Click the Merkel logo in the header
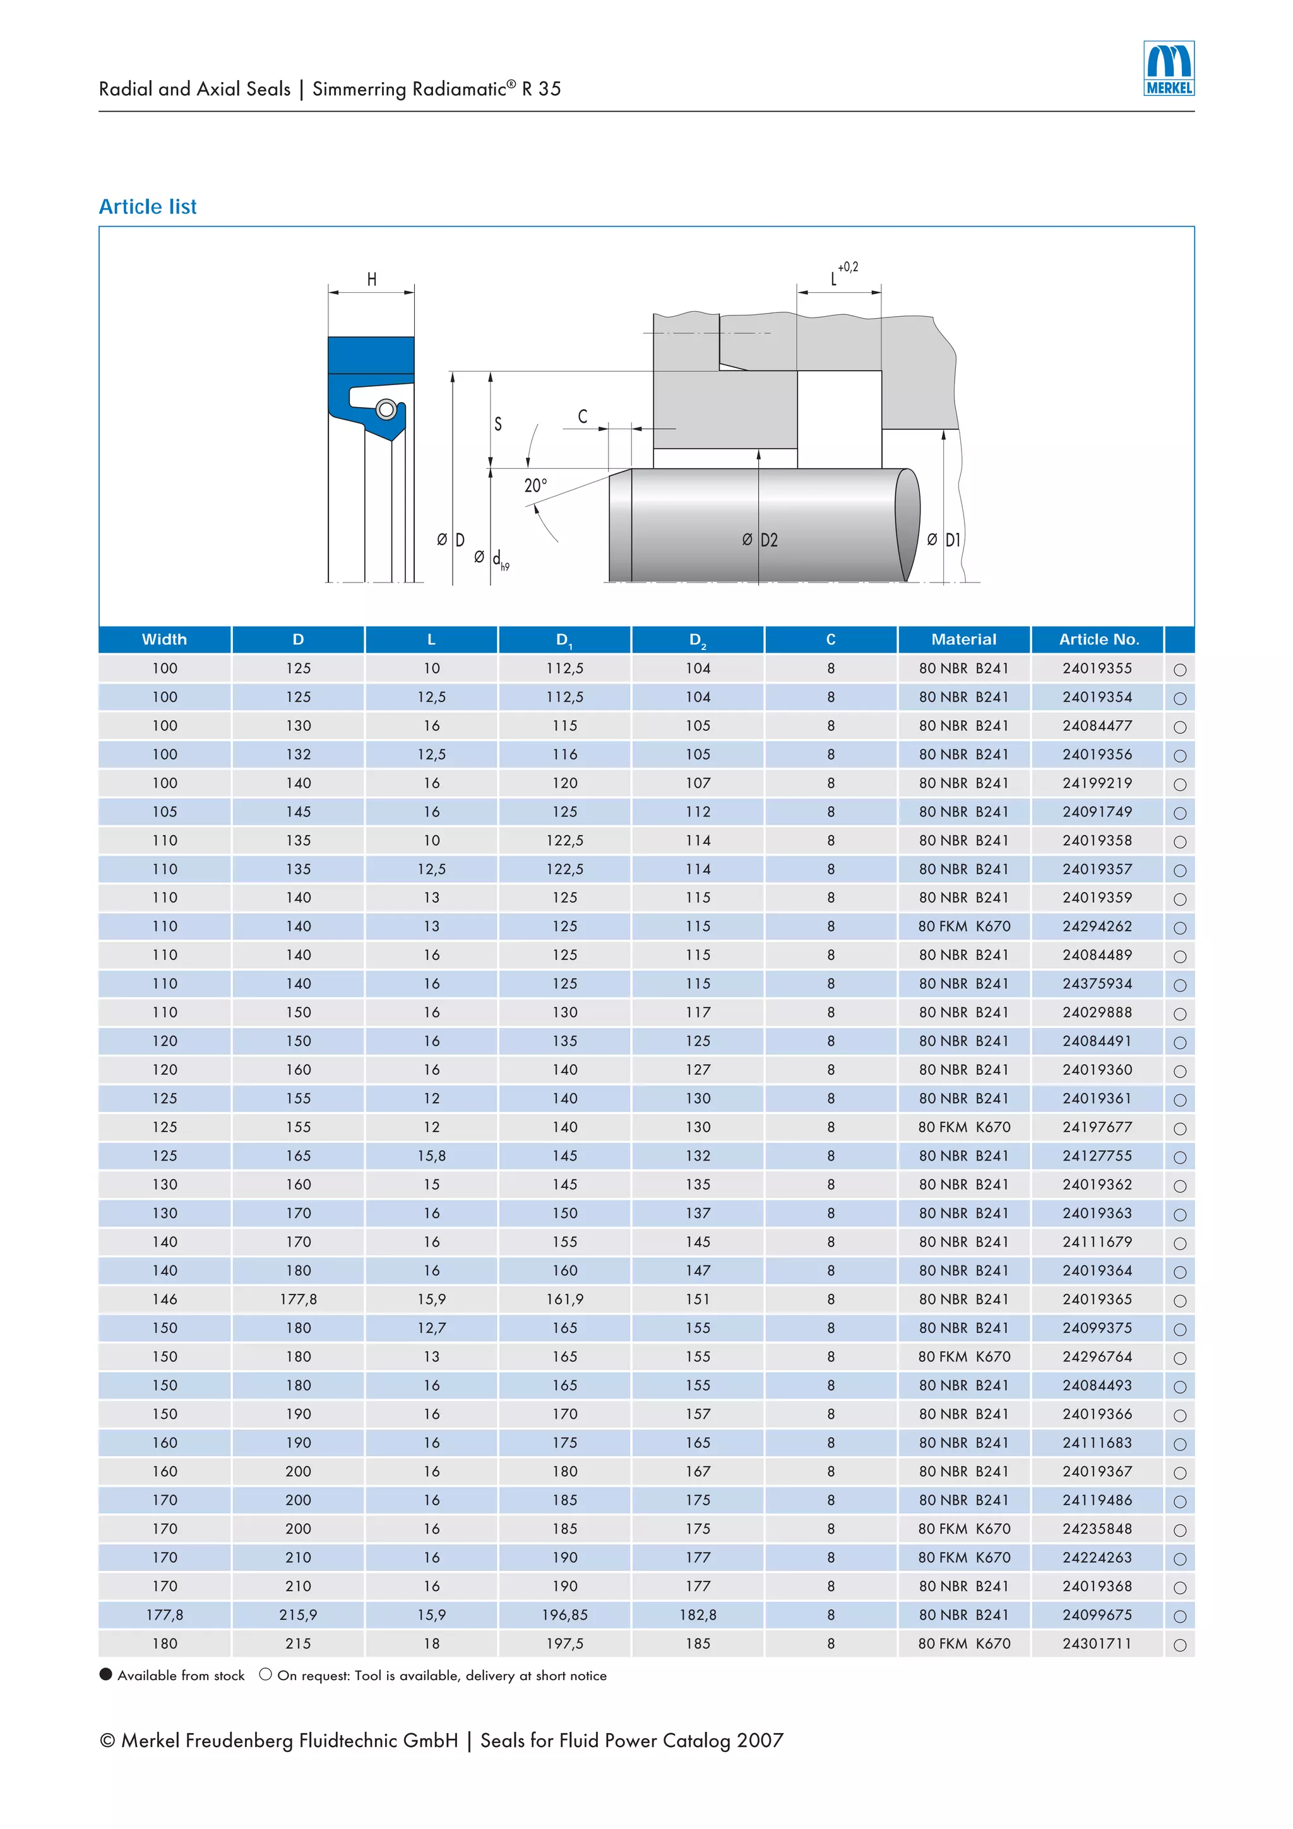1168,69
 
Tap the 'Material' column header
963,639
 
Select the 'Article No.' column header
1098,639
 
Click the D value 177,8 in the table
298,1299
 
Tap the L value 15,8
431,1156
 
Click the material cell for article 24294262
963,926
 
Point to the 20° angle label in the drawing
535,485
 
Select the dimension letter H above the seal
371,279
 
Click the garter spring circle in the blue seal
386,410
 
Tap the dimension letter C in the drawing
582,416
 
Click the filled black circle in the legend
105,1674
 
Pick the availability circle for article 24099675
1179,1616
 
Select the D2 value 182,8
697,1614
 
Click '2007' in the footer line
760,1741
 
